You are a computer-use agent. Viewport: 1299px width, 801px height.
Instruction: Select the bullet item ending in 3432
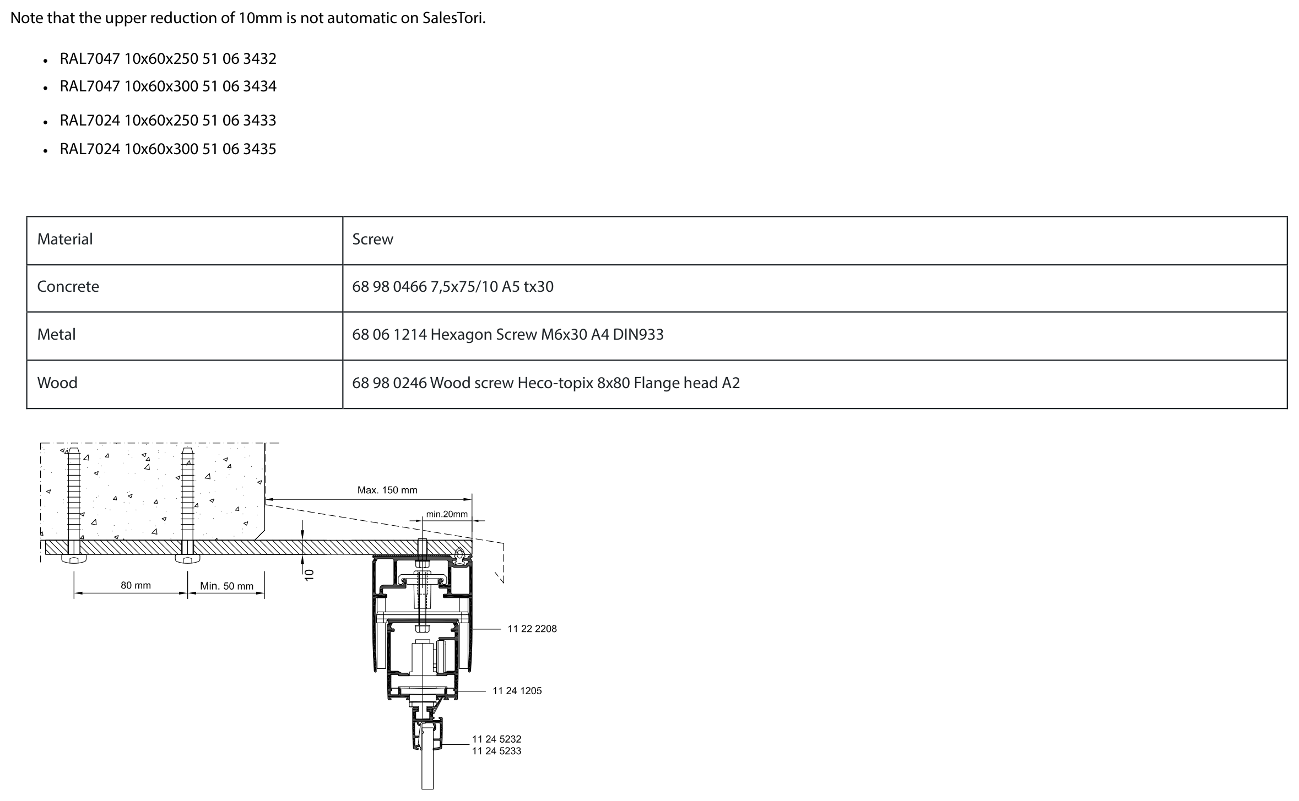pyautogui.click(x=168, y=59)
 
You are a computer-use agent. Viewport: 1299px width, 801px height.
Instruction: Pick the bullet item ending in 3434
pyautogui.click(x=168, y=86)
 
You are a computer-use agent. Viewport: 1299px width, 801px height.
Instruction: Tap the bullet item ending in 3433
pyautogui.click(x=168, y=121)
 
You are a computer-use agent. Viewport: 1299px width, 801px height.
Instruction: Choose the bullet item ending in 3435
pyautogui.click(x=168, y=149)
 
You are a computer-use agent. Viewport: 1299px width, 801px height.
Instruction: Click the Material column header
pyautogui.click(x=65, y=239)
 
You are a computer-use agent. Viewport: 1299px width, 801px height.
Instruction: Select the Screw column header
pyautogui.click(x=373, y=239)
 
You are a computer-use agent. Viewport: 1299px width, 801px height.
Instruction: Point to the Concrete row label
pyautogui.click(x=68, y=287)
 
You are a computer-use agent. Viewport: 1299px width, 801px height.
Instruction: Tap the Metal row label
pyautogui.click(x=56, y=335)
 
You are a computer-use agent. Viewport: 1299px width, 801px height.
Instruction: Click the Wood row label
pyautogui.click(x=57, y=383)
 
